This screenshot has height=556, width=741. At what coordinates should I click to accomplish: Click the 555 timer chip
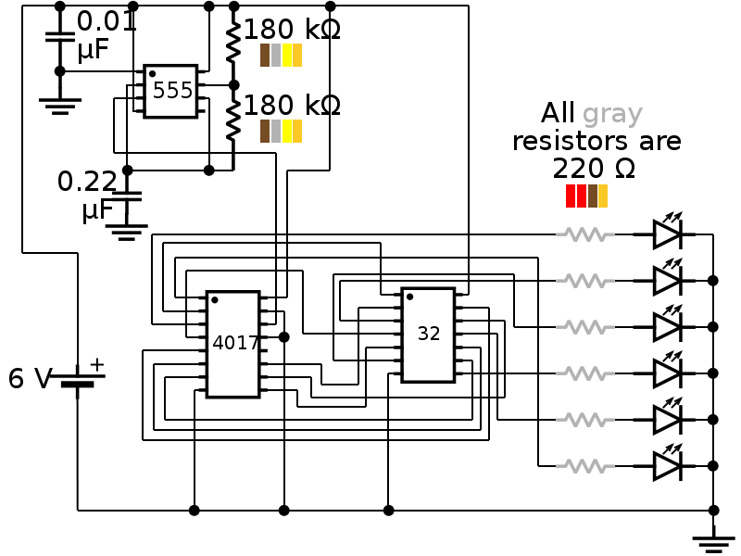coord(170,91)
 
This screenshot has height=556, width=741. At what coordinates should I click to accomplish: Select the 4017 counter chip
coord(232,344)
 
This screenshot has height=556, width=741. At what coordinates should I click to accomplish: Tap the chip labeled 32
coord(428,335)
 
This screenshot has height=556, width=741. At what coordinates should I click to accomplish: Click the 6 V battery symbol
coord(78,380)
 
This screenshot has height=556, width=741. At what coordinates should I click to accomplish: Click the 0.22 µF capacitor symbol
coord(128,196)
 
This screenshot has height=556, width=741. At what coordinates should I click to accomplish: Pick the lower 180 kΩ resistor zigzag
coord(233,118)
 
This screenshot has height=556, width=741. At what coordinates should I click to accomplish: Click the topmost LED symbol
coord(668,234)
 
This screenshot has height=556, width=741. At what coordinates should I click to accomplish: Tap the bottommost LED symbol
coord(668,465)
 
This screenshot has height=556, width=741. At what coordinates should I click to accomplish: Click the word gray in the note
coord(612,115)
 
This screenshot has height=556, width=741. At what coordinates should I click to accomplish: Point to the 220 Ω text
coord(593,169)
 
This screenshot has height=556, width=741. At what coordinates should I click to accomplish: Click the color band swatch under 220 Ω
coord(586,196)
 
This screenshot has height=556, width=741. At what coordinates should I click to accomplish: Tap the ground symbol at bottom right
coord(713,541)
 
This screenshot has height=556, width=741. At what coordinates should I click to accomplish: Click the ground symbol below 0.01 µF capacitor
coord(60,104)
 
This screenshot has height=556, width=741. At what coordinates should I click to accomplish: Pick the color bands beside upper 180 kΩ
coord(281,56)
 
